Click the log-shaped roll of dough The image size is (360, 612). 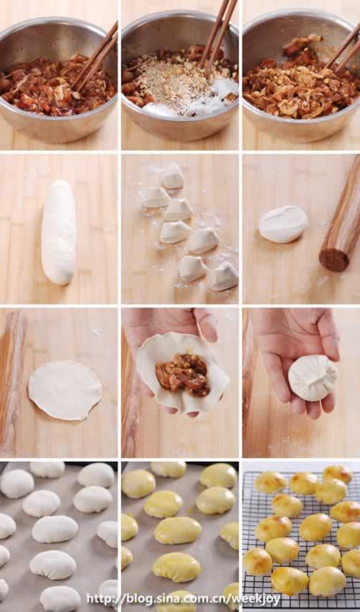(x=58, y=232)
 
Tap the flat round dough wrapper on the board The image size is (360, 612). (x=65, y=390)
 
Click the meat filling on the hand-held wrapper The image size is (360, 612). (x=182, y=374)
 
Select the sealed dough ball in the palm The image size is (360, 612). (x=312, y=378)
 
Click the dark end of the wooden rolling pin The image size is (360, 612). (x=334, y=259)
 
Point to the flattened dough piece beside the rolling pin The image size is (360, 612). (x=283, y=225)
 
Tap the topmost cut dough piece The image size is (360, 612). (x=173, y=176)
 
